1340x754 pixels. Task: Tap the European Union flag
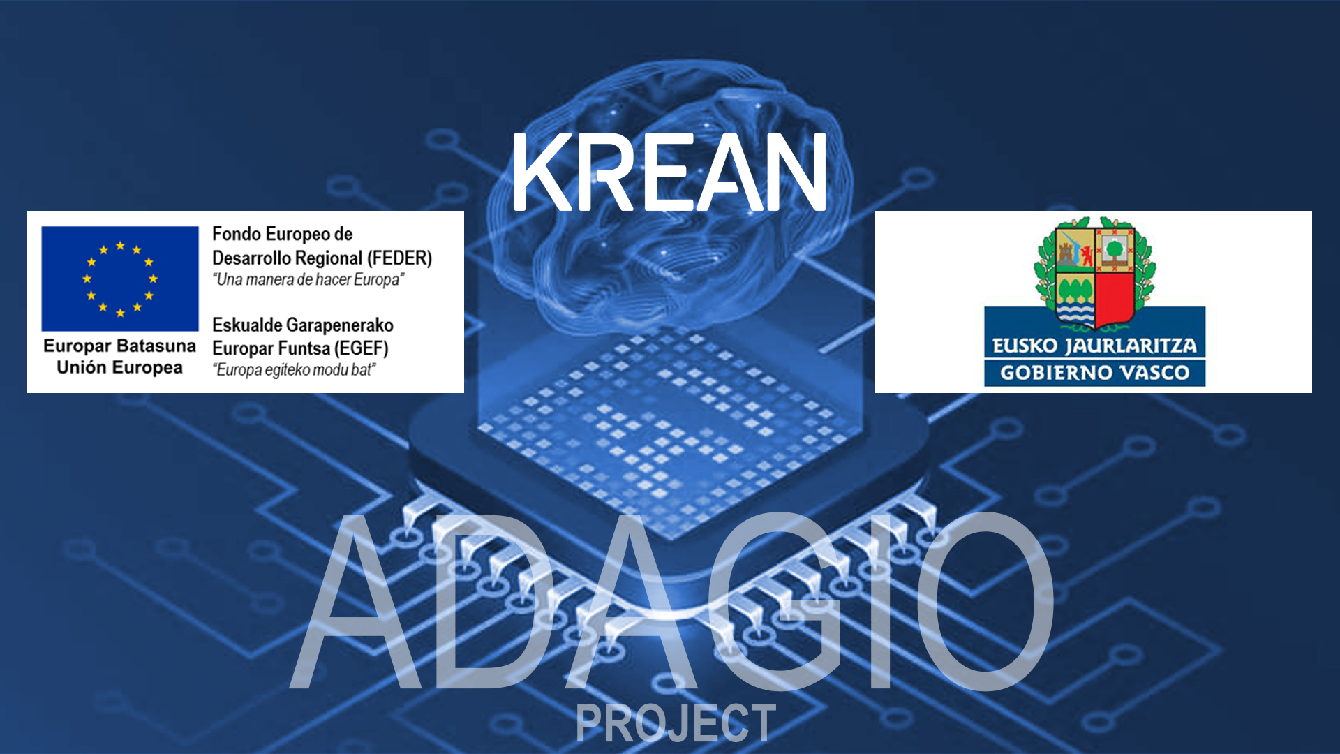(120, 279)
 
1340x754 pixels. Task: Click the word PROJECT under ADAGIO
(676, 723)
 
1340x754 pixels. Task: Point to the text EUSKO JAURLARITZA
(1094, 346)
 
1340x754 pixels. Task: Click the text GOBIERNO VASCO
(1094, 373)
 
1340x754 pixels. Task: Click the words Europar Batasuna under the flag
(119, 346)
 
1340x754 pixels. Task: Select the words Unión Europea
(119, 367)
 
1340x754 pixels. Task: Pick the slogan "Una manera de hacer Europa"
(308, 280)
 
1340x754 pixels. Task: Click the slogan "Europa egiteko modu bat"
(294, 369)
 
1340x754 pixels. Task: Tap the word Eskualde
(247, 325)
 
